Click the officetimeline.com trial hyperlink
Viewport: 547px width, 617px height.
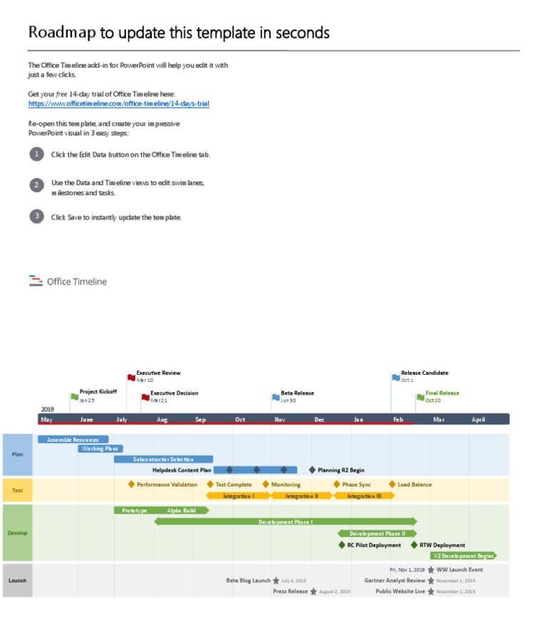click(118, 103)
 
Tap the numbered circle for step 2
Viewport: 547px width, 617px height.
click(36, 185)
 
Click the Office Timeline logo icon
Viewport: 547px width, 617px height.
click(36, 281)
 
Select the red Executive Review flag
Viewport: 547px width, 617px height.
click(131, 377)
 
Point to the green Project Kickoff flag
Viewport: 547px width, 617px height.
click(74, 396)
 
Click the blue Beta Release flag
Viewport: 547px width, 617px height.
click(276, 398)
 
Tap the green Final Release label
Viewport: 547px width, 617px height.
click(442, 393)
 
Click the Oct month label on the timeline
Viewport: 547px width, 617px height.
click(240, 420)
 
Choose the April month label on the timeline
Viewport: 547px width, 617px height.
click(478, 420)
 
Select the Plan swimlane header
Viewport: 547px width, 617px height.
click(18, 455)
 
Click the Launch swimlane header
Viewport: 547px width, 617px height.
click(18, 581)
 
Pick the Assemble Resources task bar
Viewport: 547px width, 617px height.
click(73, 440)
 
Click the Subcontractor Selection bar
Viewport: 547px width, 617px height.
click(163, 459)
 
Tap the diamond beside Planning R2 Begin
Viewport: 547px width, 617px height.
click(312, 470)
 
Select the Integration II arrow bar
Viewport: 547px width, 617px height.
click(302, 496)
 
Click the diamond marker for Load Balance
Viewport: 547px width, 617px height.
click(392, 484)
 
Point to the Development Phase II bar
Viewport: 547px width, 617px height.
click(377, 533)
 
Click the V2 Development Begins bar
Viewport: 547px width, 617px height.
click(464, 556)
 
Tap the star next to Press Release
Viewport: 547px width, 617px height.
click(313, 591)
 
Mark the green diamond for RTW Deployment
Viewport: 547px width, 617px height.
click(415, 545)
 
